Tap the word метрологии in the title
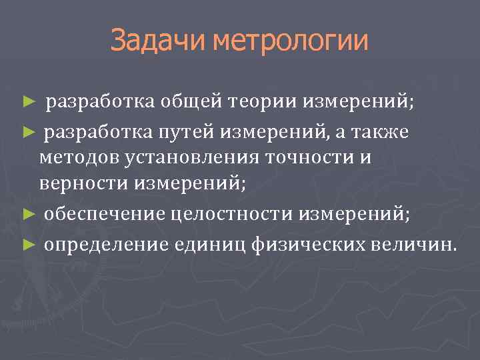pyautogui.click(x=291, y=41)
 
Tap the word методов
pyautogui.click(x=76, y=158)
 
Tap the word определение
pyautogui.click(x=108, y=243)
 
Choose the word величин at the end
pyautogui.click(x=413, y=243)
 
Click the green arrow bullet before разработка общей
pyautogui.click(x=27, y=102)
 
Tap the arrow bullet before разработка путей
pyautogui.click(x=27, y=131)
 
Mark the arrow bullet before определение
pyautogui.click(x=27, y=244)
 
